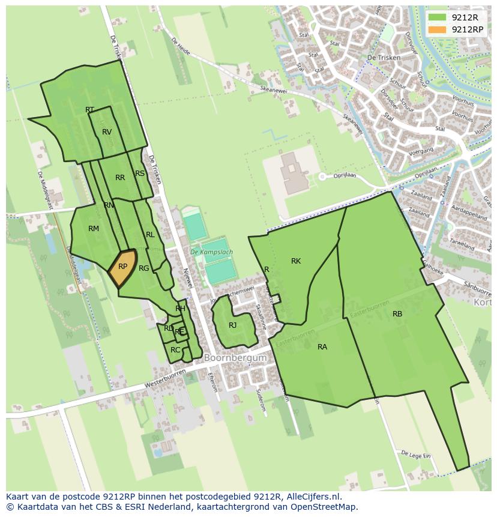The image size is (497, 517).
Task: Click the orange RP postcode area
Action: click(122, 267)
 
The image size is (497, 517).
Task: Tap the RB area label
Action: click(397, 314)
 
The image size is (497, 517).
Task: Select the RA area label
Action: click(322, 347)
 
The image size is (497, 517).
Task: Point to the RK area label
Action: click(296, 261)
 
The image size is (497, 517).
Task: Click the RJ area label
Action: click(233, 325)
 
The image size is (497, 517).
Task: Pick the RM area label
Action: click(94, 229)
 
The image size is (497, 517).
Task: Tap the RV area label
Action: click(107, 132)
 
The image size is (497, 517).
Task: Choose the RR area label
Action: click(120, 178)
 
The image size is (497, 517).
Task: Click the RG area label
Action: click(143, 268)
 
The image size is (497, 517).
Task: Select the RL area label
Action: click(150, 235)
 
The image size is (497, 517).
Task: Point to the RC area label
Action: click(175, 350)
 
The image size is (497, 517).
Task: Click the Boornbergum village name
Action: click(235, 358)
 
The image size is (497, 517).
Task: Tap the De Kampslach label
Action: click(211, 253)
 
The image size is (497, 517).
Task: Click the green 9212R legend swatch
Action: click(438, 17)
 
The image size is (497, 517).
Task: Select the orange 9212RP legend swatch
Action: click(438, 29)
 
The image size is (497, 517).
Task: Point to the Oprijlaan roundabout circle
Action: click(322, 177)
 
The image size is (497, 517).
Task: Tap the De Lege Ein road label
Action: click(416, 455)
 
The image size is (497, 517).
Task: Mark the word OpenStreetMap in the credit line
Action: click(326, 507)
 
